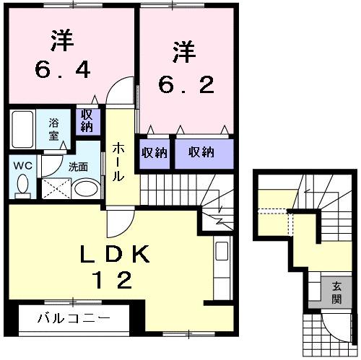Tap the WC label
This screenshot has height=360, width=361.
(x=22, y=164)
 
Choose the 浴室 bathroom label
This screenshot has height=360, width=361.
(x=55, y=128)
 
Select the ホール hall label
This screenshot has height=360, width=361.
(x=117, y=162)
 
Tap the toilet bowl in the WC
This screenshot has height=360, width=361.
(x=23, y=186)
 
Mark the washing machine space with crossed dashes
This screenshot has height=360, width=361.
(x=56, y=188)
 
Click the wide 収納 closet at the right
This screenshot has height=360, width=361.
(x=202, y=152)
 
